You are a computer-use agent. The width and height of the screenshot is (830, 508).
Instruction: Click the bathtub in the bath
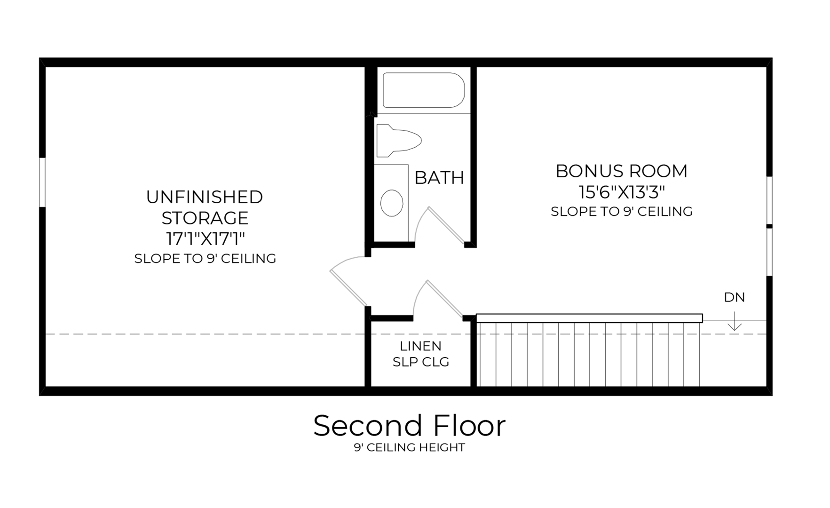point(423,90)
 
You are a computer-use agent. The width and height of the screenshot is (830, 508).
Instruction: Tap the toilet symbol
point(397,140)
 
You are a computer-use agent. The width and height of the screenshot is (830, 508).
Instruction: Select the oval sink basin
point(391,203)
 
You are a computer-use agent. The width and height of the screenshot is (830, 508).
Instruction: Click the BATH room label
point(439,178)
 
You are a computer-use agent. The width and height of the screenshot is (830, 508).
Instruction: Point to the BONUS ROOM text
point(621,171)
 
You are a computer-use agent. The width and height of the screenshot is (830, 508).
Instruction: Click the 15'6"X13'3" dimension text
point(621,192)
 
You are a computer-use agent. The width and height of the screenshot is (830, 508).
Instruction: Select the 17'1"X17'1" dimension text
point(205,239)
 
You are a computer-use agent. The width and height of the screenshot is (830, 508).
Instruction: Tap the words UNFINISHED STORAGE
point(205,207)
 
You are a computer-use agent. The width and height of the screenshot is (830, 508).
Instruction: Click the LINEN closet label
point(420,346)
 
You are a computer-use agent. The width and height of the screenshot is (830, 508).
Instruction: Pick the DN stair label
point(734,297)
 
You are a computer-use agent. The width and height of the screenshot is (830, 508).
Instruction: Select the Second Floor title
point(409,426)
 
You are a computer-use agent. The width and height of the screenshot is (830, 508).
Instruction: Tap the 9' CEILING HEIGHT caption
point(409,447)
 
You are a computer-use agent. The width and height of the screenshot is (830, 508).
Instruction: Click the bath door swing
point(444,225)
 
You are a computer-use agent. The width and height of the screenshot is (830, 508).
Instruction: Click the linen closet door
point(443,299)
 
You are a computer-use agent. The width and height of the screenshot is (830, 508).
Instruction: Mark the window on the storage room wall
point(42,182)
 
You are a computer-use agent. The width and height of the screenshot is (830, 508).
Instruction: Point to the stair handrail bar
point(589,318)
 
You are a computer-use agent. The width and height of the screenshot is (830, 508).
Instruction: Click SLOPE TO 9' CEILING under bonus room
point(621,212)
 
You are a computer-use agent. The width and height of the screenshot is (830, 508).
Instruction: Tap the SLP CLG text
point(420,362)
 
